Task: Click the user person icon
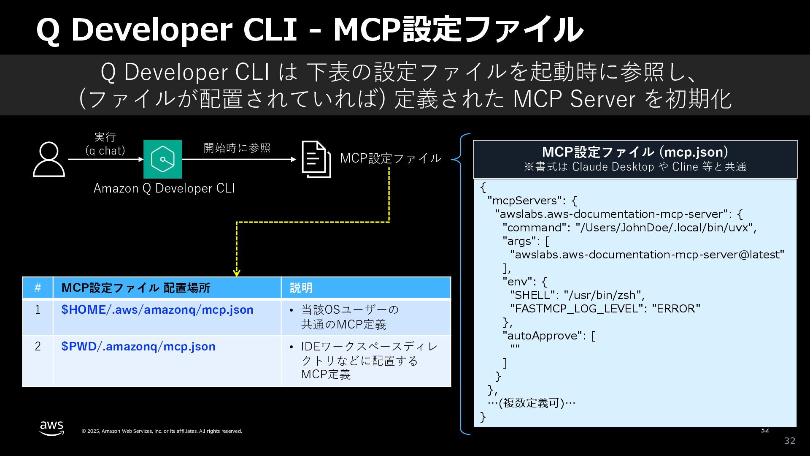pyautogui.click(x=49, y=159)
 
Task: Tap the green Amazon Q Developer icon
pyautogui.click(x=163, y=159)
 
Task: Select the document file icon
pyautogui.click(x=316, y=159)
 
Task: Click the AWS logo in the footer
pyautogui.click(x=51, y=428)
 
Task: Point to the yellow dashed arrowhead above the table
pyautogui.click(x=237, y=272)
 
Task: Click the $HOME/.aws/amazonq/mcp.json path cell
pyautogui.click(x=157, y=310)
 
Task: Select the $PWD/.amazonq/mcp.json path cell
pyautogui.click(x=138, y=347)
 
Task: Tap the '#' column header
pyautogui.click(x=38, y=288)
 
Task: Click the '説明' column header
pyautogui.click(x=301, y=288)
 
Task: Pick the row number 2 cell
pyautogui.click(x=38, y=347)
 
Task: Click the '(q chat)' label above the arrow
pyautogui.click(x=105, y=151)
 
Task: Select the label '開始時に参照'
pyautogui.click(x=237, y=148)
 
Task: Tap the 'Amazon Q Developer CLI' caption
pyautogui.click(x=164, y=188)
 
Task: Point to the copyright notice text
pyautogui.click(x=162, y=431)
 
